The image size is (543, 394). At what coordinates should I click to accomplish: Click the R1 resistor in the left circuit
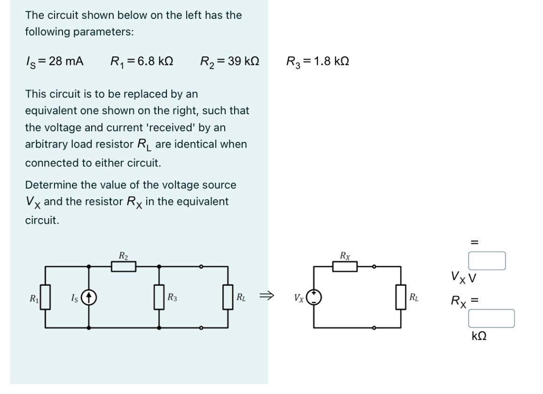(45, 297)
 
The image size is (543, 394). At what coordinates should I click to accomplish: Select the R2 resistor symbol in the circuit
(124, 267)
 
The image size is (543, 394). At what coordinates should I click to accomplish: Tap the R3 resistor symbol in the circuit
(159, 297)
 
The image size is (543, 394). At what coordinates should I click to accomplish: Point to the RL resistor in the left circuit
(228, 297)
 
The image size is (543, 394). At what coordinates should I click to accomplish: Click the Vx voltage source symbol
(314, 297)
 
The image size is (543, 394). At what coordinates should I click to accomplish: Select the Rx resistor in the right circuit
(345, 267)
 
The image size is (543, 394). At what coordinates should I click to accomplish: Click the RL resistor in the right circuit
(401, 297)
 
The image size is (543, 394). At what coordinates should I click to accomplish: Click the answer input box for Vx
(487, 260)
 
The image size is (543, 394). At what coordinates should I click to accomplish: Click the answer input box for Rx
(491, 318)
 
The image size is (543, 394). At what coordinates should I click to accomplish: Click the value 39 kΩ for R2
(243, 61)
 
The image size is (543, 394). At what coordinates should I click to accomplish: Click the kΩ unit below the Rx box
(479, 336)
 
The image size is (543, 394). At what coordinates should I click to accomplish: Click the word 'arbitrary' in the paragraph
(47, 144)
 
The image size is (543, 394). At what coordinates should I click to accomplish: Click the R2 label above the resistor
(123, 256)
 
